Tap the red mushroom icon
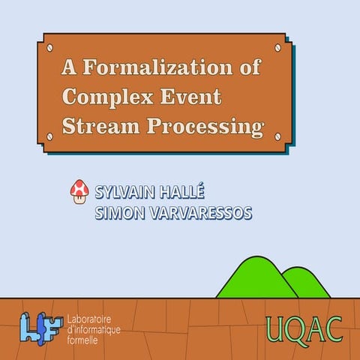point(79,193)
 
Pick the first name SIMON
point(119,214)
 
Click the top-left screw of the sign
point(50,47)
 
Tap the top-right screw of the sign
point(278,47)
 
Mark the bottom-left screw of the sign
point(50,137)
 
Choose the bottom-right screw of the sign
point(278,137)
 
